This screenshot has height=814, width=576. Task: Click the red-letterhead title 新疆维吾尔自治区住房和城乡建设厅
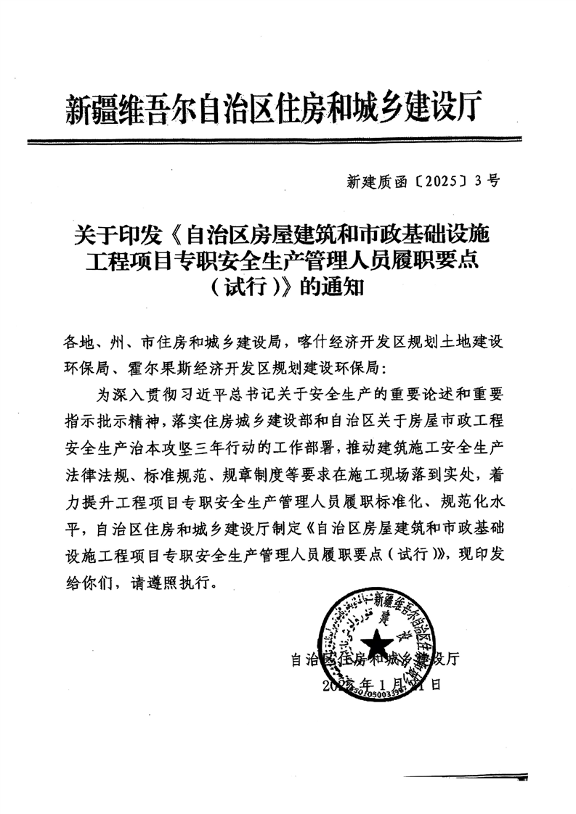[x=275, y=110]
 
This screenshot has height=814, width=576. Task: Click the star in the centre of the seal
[x=378, y=641]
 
